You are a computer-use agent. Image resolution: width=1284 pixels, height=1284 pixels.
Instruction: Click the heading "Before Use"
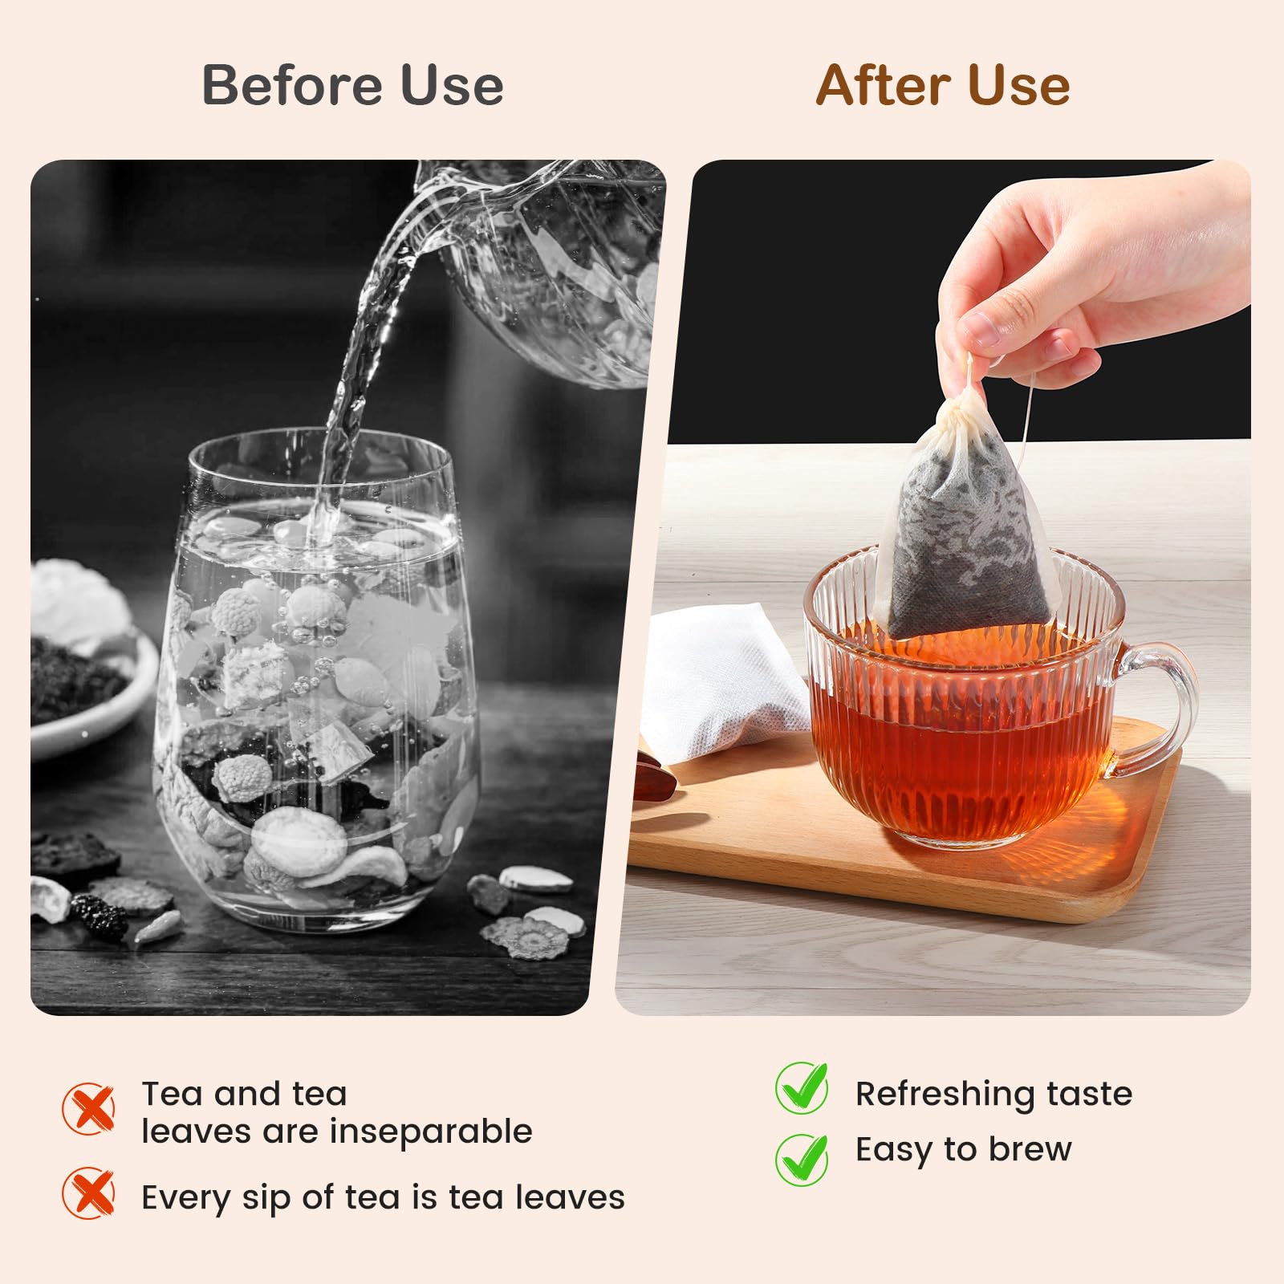point(352,85)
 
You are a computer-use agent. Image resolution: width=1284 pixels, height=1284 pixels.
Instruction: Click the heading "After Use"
point(943,85)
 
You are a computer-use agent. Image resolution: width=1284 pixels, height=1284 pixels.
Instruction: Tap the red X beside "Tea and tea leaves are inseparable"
point(88,1108)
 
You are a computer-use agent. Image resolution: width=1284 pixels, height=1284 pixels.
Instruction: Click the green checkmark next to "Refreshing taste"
point(802,1088)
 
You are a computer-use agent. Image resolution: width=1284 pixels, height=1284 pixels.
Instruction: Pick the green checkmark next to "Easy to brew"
point(802,1159)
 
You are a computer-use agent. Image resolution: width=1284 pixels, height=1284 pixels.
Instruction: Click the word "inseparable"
point(431,1132)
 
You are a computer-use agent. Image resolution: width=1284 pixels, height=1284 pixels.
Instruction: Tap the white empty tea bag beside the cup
point(726,682)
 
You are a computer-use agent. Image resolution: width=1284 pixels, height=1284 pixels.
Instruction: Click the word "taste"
point(1089,1094)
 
